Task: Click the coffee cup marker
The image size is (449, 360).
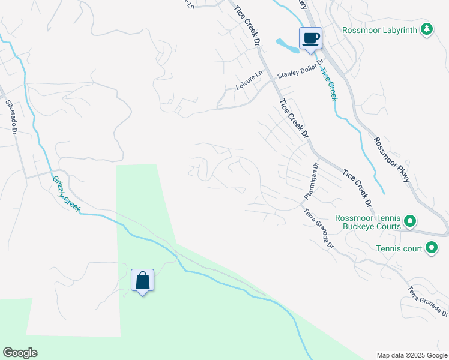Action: tap(310, 39)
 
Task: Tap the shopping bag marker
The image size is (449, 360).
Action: tap(143, 280)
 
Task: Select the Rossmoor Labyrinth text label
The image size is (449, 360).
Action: tap(380, 29)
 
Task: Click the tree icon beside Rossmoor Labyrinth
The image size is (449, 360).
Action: tap(426, 29)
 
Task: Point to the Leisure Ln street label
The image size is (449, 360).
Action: tap(249, 81)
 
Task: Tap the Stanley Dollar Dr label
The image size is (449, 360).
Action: tap(300, 70)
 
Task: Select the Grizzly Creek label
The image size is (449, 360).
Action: tap(66, 193)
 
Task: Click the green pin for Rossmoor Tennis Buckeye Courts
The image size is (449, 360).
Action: tap(410, 222)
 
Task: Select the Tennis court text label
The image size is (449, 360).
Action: tap(399, 248)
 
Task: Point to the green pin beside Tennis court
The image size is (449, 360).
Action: tap(431, 248)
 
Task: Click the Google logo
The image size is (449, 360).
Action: tap(20, 353)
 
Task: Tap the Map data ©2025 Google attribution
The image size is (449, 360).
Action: tap(412, 355)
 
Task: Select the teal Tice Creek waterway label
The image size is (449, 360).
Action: tap(328, 83)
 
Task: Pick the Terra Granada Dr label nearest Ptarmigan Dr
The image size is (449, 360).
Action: tap(318, 229)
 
